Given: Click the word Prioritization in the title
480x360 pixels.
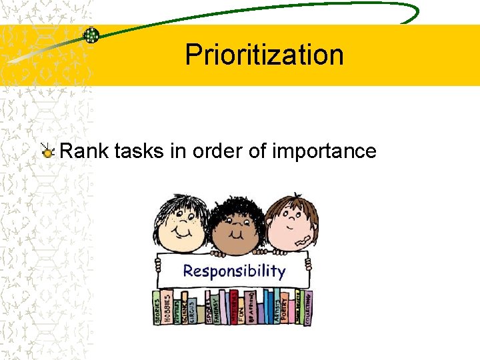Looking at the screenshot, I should coord(264,55).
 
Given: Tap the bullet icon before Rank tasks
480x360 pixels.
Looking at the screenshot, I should coord(48,152).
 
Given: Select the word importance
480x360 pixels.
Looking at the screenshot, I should coord(324,152).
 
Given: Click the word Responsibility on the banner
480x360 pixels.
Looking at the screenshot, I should coord(233,271).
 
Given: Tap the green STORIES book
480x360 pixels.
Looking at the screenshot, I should coord(158,307).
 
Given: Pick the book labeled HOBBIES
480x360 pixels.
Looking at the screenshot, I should coord(167,306).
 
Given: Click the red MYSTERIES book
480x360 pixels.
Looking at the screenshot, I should coord(233,306).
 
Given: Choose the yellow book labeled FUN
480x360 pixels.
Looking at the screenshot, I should coord(241,309).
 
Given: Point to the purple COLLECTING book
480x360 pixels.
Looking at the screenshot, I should coord(307,307).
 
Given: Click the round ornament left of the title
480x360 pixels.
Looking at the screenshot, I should coord(91,35).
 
